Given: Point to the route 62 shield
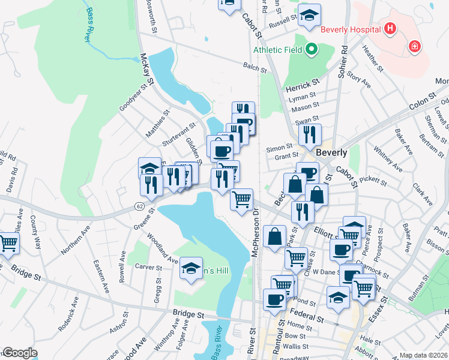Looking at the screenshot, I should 139,205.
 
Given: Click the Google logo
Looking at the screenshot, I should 19,353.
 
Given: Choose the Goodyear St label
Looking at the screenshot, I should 133,97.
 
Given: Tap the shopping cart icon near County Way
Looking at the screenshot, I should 8,243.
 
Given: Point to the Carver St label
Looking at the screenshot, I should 149,266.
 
